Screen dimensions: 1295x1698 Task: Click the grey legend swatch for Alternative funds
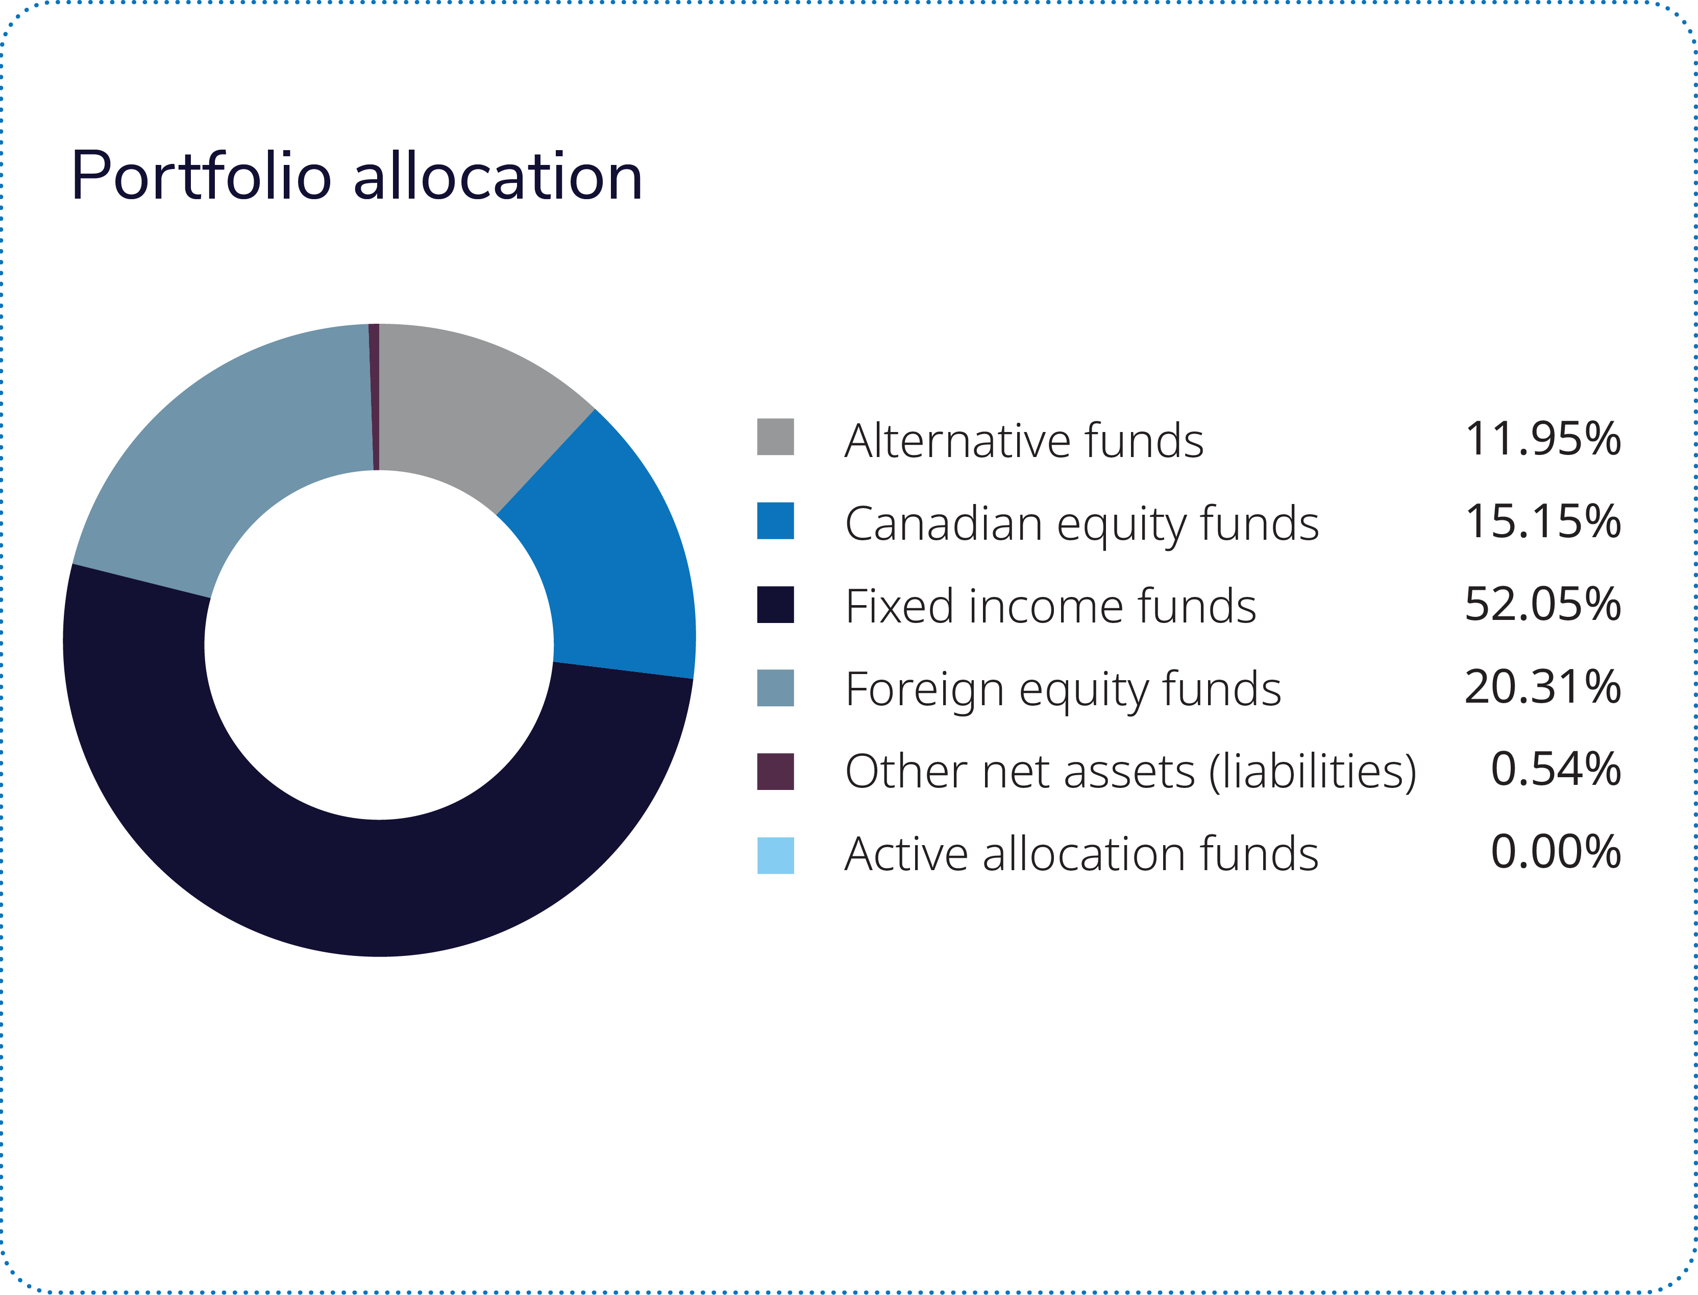tap(775, 437)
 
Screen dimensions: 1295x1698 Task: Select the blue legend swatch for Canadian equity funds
tap(775, 521)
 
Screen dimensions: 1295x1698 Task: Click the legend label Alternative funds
tap(1023, 440)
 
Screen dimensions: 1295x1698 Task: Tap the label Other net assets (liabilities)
tap(1130, 772)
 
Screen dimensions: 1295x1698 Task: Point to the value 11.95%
tap(1542, 439)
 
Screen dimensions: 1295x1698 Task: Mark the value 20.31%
tap(1542, 687)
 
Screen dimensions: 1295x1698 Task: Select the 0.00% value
tap(1556, 853)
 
